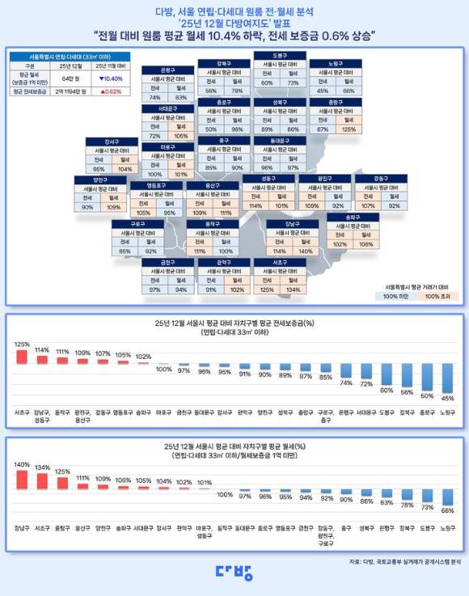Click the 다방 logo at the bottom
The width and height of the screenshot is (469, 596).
(x=234, y=572)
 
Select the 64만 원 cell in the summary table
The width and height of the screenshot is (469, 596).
(x=68, y=78)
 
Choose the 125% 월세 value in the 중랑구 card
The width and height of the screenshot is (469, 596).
(x=349, y=129)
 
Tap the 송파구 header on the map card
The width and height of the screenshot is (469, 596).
(x=352, y=218)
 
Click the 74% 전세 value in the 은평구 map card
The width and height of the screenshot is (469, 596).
(x=157, y=97)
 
